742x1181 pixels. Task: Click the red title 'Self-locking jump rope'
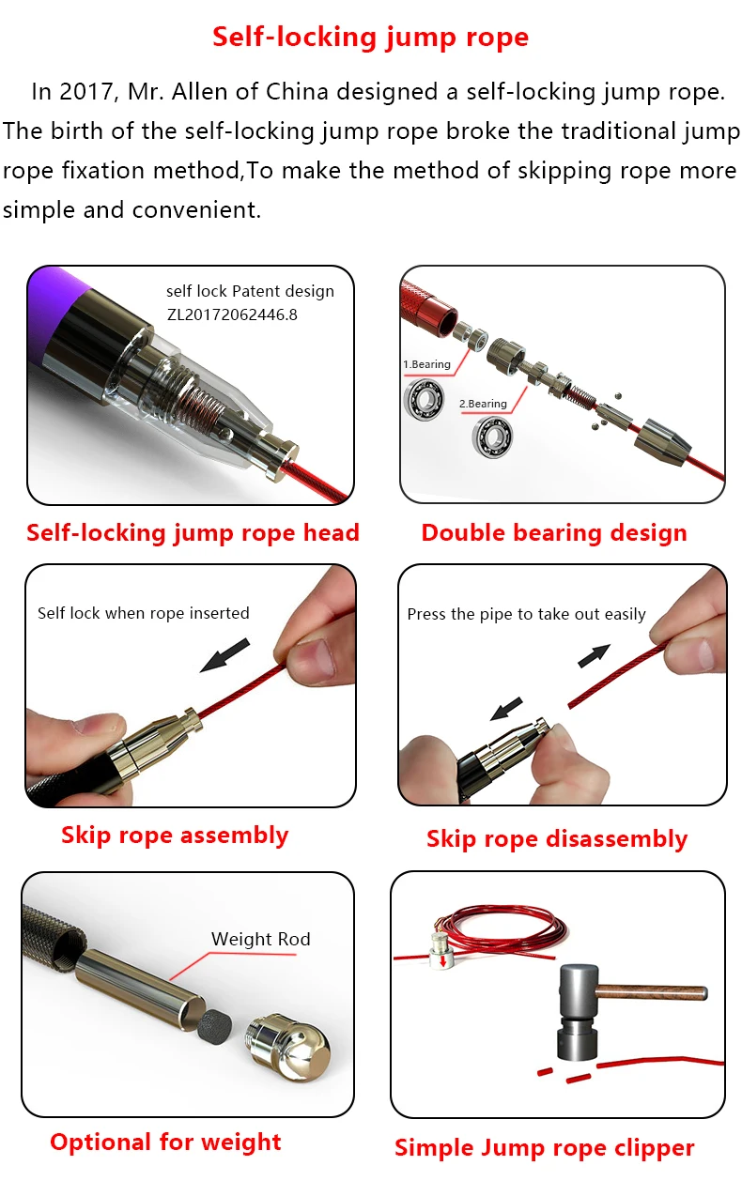click(x=370, y=38)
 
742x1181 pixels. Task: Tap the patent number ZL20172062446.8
click(x=232, y=314)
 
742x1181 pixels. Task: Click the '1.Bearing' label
click(x=426, y=364)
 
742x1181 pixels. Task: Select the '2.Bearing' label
click(x=483, y=404)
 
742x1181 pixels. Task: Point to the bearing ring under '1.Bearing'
click(x=424, y=398)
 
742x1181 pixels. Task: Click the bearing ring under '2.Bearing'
click(x=492, y=437)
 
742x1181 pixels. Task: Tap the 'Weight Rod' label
click(x=260, y=939)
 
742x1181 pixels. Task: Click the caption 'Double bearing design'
click(x=554, y=533)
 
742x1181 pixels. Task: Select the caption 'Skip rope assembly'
click(x=175, y=836)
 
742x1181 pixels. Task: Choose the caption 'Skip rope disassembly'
click(x=557, y=839)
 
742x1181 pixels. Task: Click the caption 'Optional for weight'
click(x=165, y=1143)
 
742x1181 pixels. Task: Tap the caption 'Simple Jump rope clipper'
click(x=545, y=1147)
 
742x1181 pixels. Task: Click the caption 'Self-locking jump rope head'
click(x=193, y=533)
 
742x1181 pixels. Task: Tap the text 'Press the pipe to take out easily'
click(x=526, y=615)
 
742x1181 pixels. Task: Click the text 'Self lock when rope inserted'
click(x=143, y=613)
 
